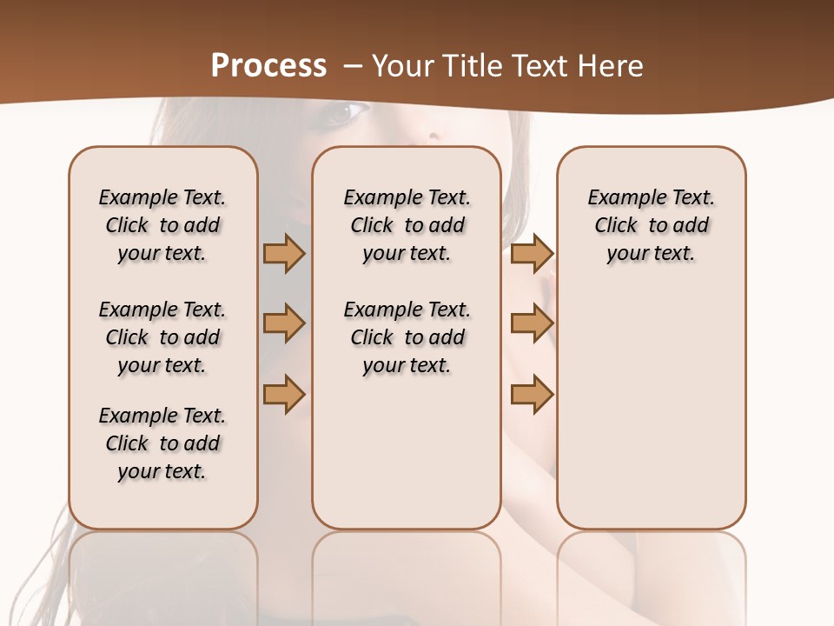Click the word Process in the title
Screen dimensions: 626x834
click(268, 66)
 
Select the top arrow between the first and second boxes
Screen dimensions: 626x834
click(284, 253)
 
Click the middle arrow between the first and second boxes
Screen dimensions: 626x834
click(284, 323)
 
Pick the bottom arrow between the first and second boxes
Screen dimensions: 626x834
click(284, 394)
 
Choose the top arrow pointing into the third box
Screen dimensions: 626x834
click(532, 253)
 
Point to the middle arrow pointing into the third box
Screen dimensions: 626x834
click(532, 323)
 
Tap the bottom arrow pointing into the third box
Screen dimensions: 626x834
click(532, 394)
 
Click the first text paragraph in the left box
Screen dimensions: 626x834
click(162, 225)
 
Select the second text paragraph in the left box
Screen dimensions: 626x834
click(162, 337)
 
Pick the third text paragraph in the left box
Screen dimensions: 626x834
click(162, 443)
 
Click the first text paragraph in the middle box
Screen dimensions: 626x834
click(407, 225)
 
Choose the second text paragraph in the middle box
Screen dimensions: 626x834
click(407, 337)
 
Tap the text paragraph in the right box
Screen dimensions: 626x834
click(652, 225)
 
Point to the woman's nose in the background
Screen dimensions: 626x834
click(432, 135)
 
